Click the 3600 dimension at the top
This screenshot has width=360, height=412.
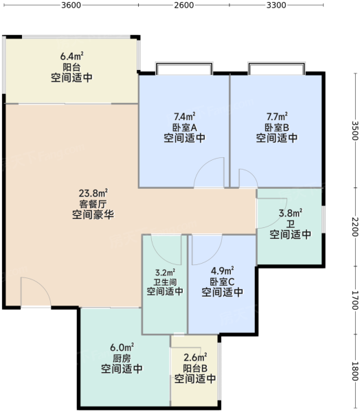click(71, 5)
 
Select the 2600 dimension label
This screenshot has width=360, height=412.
click(184, 5)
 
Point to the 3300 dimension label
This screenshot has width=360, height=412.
click(276, 5)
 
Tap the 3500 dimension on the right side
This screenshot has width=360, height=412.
click(355, 130)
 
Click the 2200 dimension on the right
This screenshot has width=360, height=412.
click(355, 227)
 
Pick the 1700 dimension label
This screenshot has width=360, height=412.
click(355, 300)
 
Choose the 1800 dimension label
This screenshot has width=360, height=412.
click(355, 371)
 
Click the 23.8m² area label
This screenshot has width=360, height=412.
click(93, 193)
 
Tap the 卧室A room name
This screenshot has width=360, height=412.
click(185, 128)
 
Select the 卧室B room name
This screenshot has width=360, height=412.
click(277, 128)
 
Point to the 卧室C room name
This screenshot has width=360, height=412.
click(222, 282)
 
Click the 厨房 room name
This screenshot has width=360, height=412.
click(122, 358)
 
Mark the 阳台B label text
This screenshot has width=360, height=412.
click(195, 368)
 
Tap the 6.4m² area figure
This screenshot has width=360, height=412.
click(71, 56)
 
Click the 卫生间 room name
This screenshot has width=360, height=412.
click(165, 282)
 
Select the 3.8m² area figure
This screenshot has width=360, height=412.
click(291, 213)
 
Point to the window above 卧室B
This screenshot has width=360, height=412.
click(277, 68)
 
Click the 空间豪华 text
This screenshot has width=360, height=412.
click(93, 215)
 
